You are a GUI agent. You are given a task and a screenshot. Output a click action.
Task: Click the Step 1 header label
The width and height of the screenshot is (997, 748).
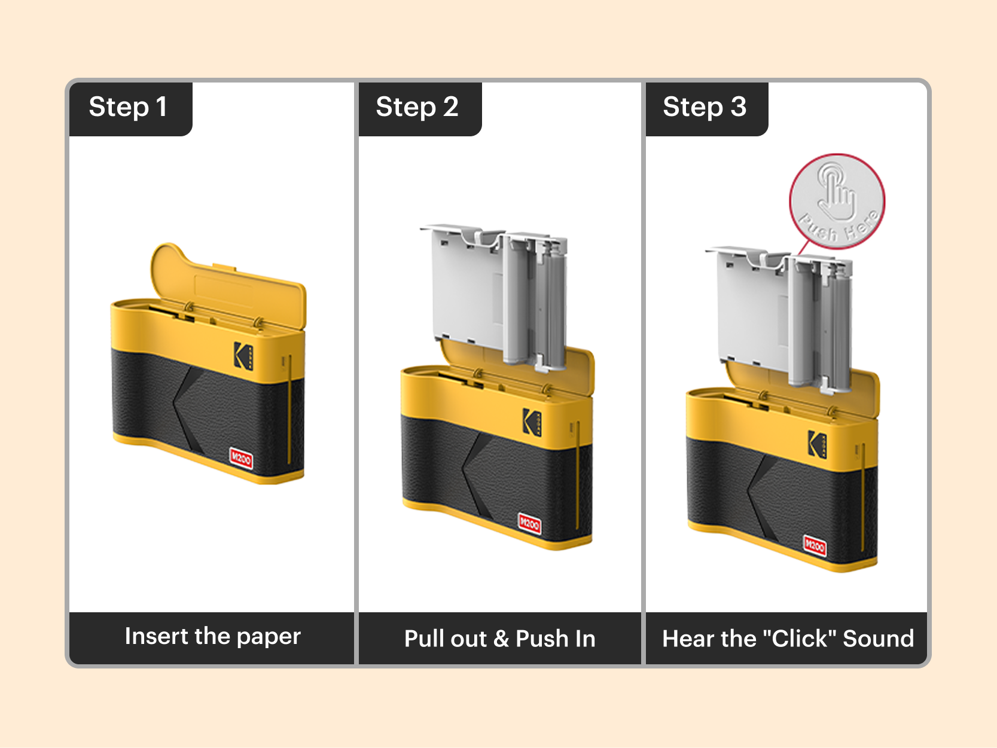click(x=128, y=108)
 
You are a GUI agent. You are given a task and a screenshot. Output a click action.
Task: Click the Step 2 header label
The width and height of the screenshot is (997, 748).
click(x=417, y=108)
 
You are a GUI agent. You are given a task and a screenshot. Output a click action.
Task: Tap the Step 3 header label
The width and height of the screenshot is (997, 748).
click(x=705, y=108)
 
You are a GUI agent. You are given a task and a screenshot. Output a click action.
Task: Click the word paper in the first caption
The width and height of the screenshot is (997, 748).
click(x=269, y=637)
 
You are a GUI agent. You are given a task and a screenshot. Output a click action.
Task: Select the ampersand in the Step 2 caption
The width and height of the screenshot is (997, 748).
click(x=501, y=639)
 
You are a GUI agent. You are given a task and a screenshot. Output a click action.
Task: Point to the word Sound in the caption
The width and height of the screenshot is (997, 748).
click(x=878, y=639)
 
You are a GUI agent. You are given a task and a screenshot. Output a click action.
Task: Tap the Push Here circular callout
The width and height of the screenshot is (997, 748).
click(x=837, y=201)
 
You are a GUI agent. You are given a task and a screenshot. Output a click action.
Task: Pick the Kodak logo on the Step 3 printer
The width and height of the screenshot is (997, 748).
click(x=817, y=444)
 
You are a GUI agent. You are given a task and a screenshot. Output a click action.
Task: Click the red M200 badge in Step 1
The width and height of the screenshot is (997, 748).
click(x=242, y=459)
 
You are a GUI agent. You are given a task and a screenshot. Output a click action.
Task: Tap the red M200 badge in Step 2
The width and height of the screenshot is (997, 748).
click(x=529, y=524)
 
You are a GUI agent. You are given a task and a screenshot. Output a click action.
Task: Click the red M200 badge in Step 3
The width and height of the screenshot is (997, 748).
click(x=815, y=545)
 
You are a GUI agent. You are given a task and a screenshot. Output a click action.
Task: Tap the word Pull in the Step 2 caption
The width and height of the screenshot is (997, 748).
click(x=423, y=639)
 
